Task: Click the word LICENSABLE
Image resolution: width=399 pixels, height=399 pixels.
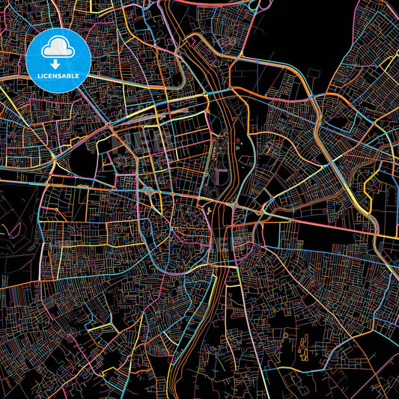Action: tap(58, 75)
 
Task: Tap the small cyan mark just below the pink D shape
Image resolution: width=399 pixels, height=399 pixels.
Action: tap(239, 149)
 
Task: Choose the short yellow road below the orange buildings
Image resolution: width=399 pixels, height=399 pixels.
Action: tap(314, 368)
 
